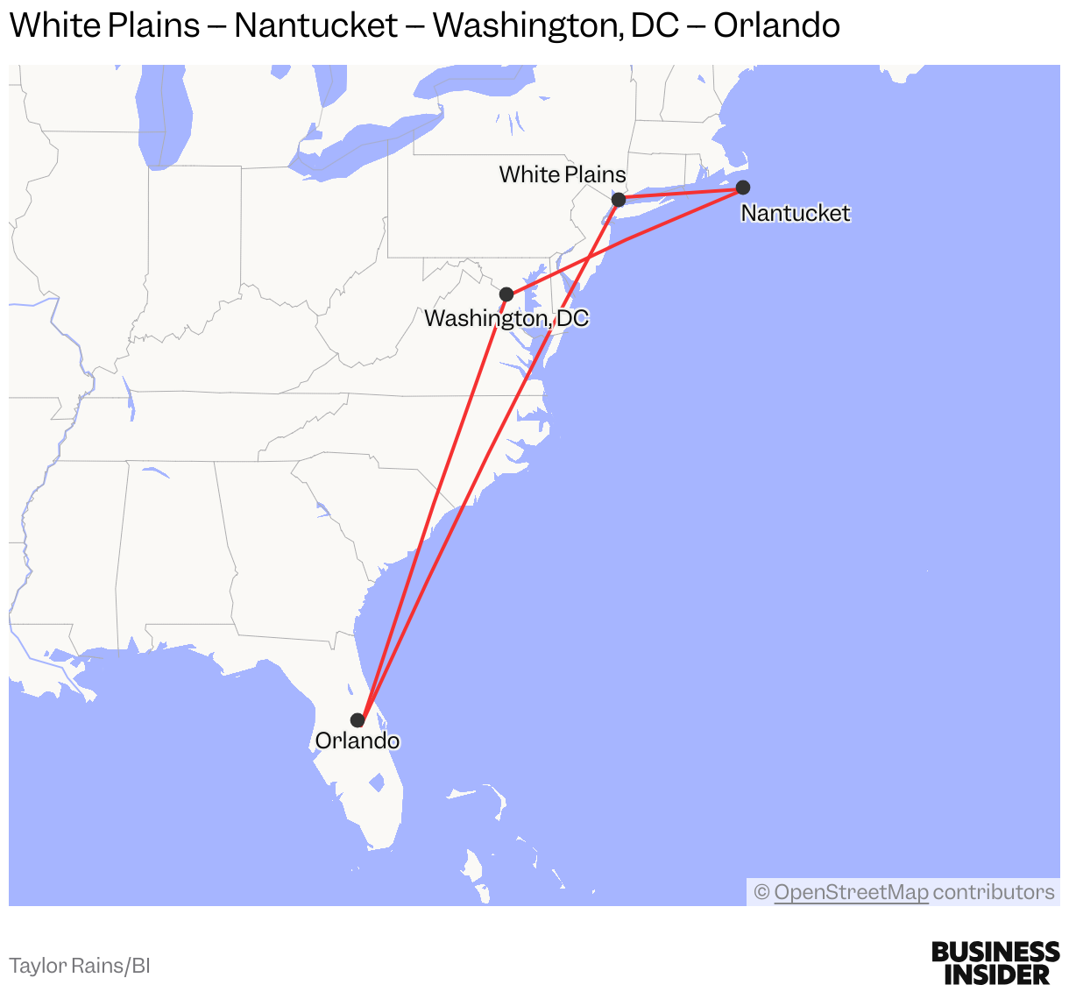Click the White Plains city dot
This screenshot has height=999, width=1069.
(618, 200)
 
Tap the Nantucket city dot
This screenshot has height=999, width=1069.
(743, 187)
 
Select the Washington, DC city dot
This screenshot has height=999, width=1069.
(506, 294)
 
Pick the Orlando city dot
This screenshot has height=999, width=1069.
(358, 720)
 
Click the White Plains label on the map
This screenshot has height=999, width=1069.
(563, 174)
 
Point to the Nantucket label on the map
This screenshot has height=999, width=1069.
(796, 213)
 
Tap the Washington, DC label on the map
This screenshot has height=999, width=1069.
(506, 318)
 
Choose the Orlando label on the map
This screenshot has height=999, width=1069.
(358, 741)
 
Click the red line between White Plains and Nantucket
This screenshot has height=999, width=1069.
(680, 193)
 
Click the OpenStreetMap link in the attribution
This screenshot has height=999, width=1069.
(851, 892)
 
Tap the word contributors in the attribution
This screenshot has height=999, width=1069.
(994, 892)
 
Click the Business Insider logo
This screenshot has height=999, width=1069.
(995, 963)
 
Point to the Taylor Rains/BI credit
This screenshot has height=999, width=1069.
(80, 966)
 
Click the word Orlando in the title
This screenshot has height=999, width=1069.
(776, 25)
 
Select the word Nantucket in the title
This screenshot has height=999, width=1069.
(316, 25)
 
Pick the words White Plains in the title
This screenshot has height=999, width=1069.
(105, 25)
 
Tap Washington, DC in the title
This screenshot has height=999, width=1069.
(556, 25)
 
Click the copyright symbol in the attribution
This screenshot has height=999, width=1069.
(761, 892)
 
